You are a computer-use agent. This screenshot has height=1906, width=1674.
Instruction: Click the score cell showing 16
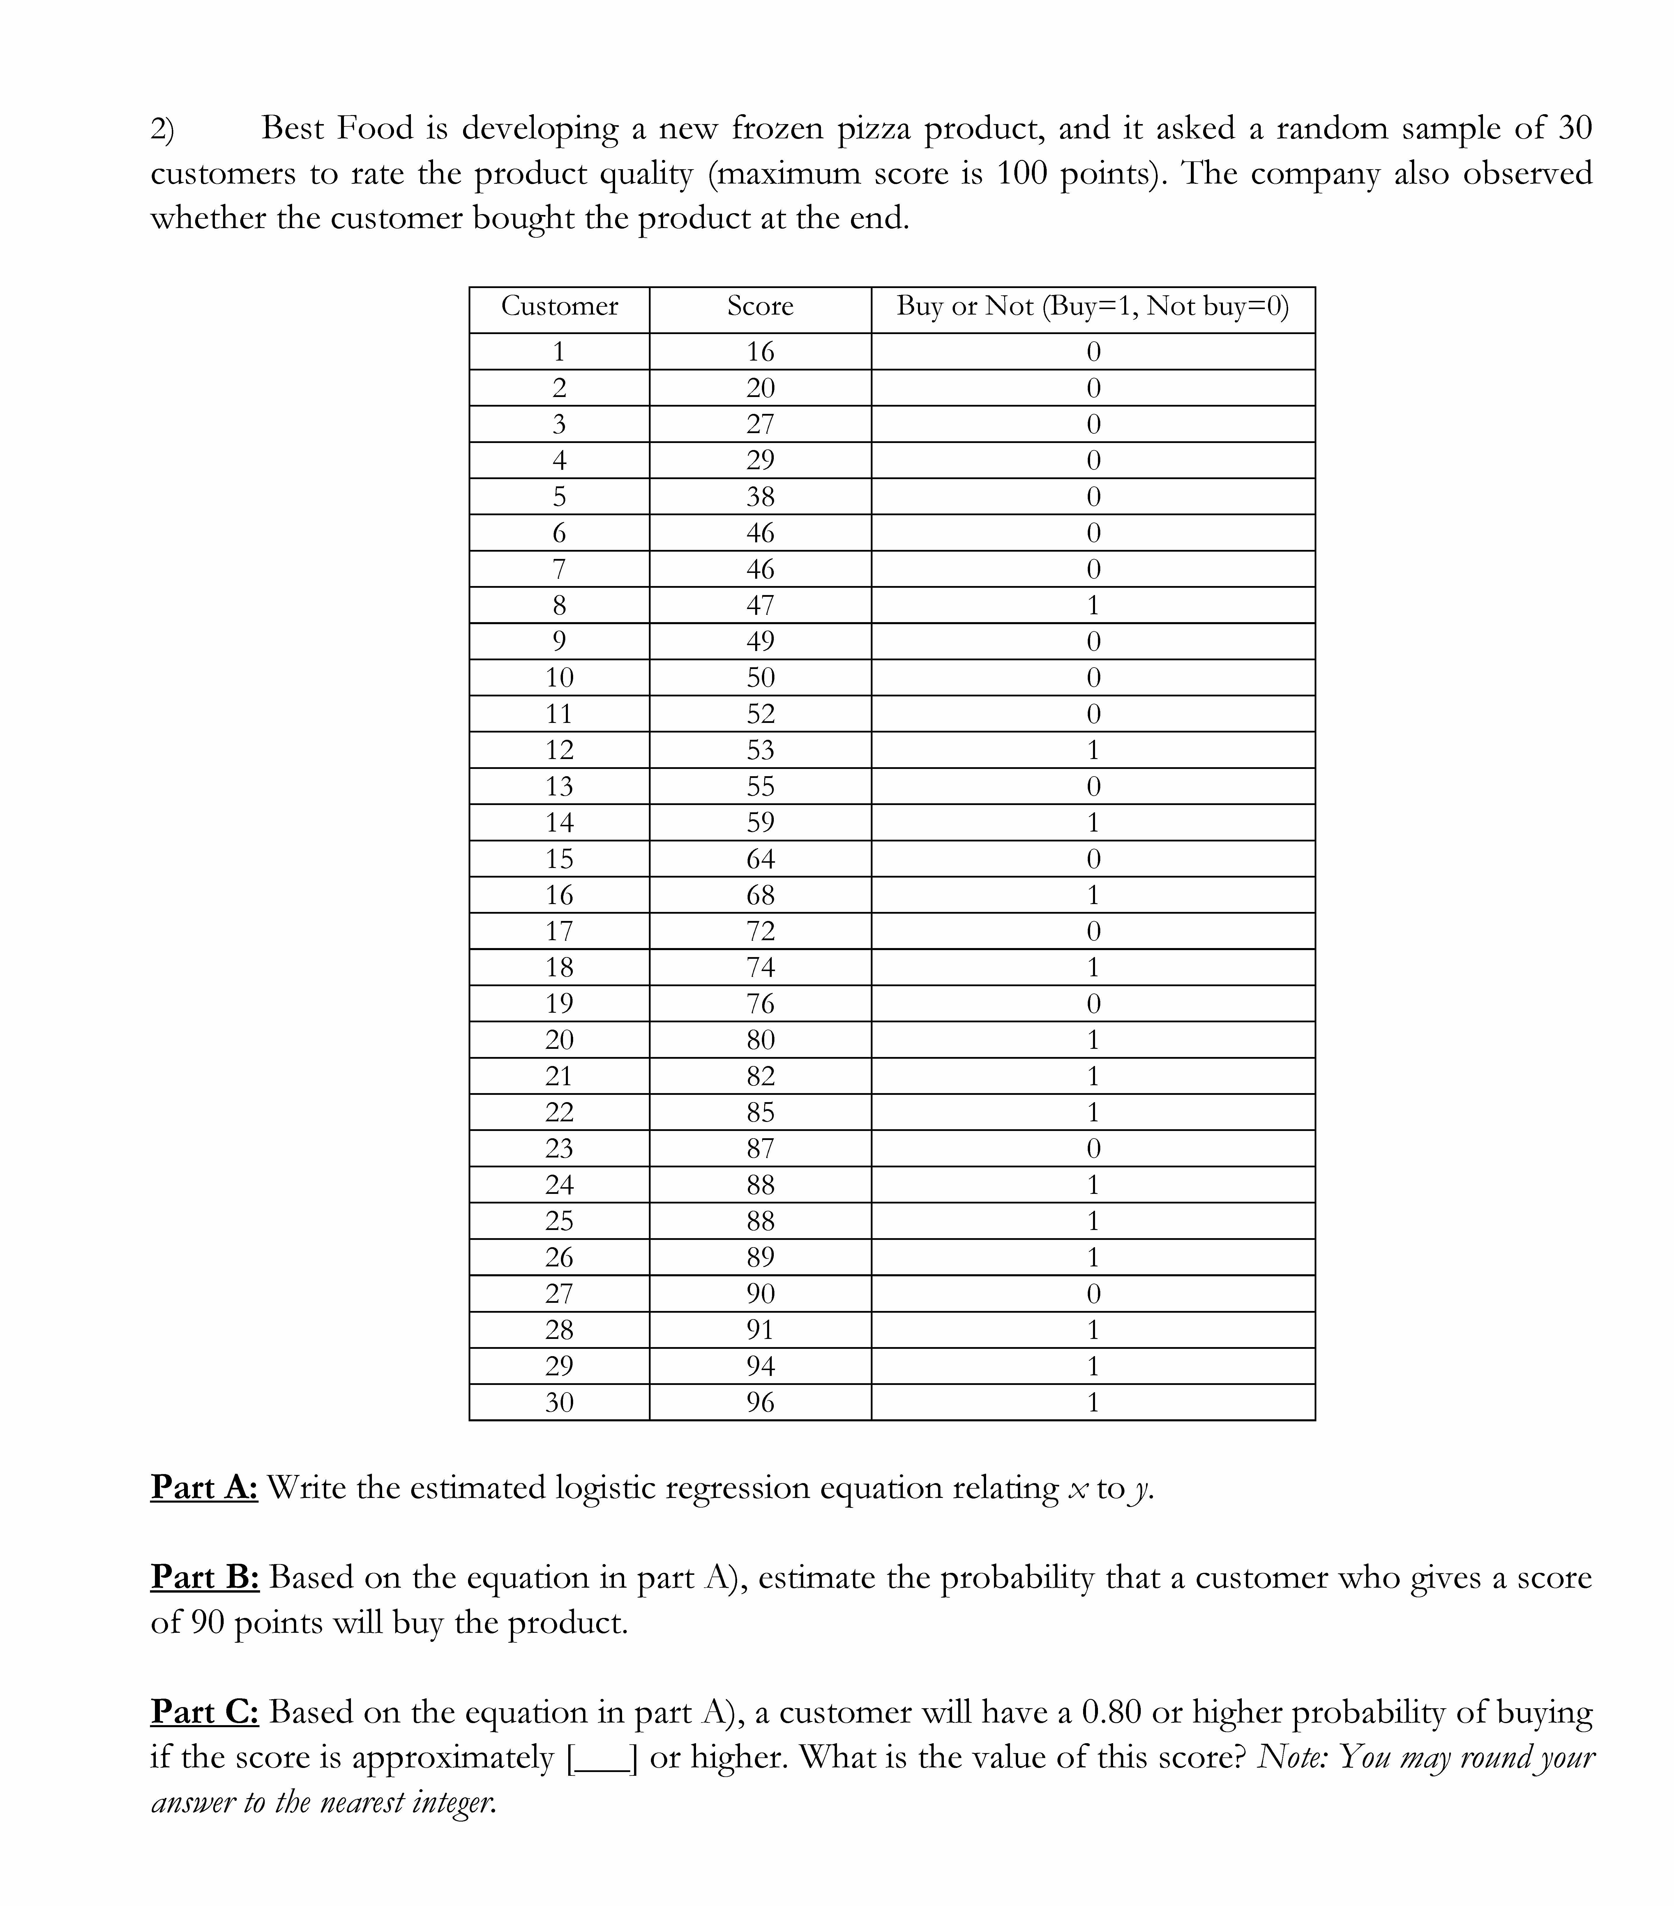coord(760,352)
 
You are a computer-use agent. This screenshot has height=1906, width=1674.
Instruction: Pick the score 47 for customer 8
coord(760,605)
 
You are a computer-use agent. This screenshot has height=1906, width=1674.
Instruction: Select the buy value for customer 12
coord(1093,750)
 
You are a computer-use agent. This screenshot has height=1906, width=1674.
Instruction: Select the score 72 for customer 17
coord(760,931)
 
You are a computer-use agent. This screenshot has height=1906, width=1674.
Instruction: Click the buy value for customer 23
coord(1093,1148)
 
